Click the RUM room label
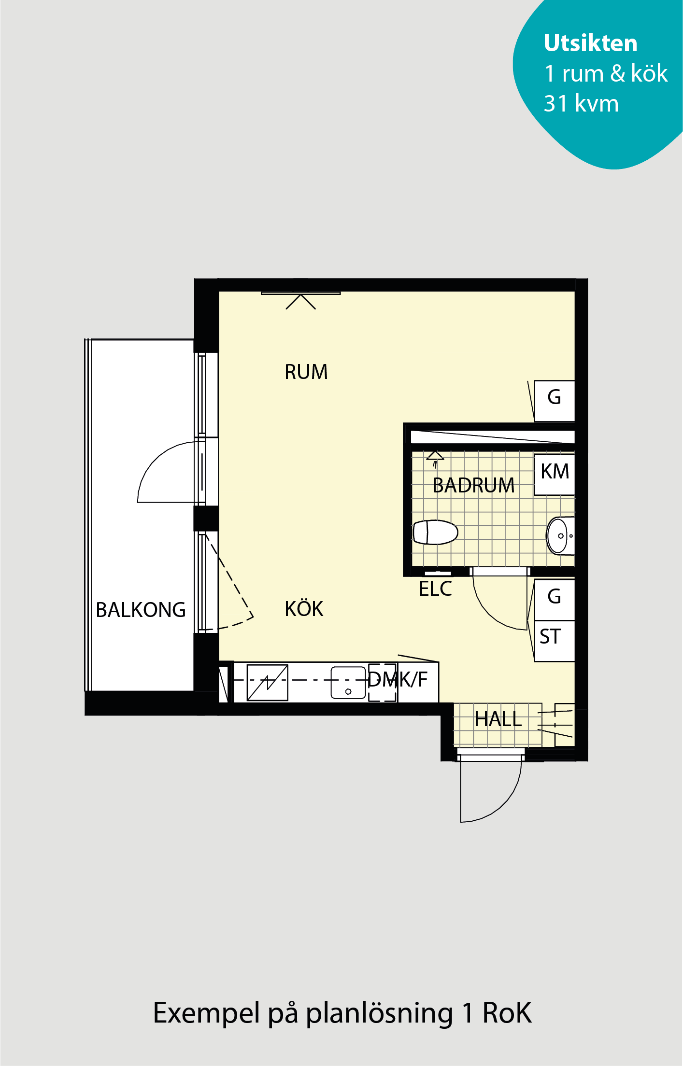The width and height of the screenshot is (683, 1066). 306,372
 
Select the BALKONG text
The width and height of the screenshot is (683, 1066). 141,610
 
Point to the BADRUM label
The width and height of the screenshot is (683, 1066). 473,485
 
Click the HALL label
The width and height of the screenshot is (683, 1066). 498,719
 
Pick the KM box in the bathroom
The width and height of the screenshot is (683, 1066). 555,474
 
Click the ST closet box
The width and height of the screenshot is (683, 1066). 555,641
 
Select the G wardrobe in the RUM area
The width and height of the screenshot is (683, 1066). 555,401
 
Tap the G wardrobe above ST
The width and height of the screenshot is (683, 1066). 555,600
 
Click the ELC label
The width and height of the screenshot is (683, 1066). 435,589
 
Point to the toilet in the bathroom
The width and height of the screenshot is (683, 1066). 435,532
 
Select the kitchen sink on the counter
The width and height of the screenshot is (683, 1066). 348,683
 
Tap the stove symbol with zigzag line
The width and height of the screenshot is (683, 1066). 267,683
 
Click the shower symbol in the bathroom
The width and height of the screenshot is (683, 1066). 435,459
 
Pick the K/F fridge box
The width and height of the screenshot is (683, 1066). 418,682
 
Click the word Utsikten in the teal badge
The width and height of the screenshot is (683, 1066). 590,43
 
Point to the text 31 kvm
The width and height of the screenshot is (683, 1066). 581,103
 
